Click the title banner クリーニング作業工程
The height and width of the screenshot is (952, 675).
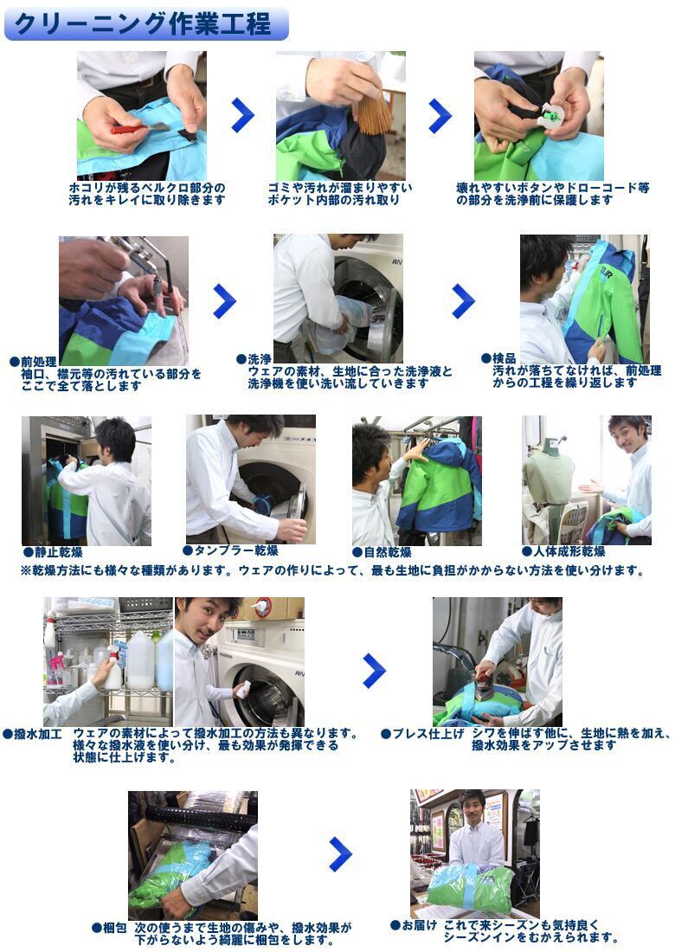145,23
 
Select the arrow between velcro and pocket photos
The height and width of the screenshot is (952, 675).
242,115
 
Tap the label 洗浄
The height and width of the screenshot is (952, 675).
260,359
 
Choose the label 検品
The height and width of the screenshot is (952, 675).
504,358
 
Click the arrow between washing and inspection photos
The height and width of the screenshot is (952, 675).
463,300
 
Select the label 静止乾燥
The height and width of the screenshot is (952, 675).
58,552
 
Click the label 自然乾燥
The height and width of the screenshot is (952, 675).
388,552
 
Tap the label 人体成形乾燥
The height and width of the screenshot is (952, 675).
569,550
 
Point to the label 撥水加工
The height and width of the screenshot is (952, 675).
37,734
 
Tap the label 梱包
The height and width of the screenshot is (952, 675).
115,928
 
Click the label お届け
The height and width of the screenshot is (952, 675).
419,925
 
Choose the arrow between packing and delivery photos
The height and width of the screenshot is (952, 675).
341,853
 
